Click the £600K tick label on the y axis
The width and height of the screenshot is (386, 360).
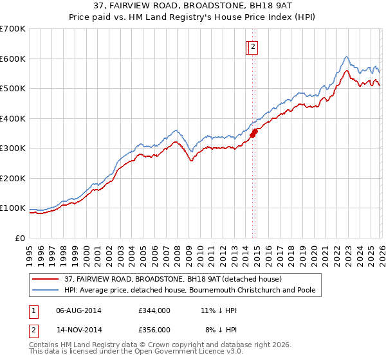(13, 59)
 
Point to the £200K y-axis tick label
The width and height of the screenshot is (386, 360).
(13, 178)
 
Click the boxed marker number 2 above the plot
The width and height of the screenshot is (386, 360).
(253, 46)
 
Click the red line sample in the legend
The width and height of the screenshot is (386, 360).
(46, 279)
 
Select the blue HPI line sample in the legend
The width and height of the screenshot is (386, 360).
(46, 290)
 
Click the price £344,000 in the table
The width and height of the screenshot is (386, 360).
(154, 310)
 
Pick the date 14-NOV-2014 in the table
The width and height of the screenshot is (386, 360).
(78, 329)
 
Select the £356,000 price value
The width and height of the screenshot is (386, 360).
(154, 329)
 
